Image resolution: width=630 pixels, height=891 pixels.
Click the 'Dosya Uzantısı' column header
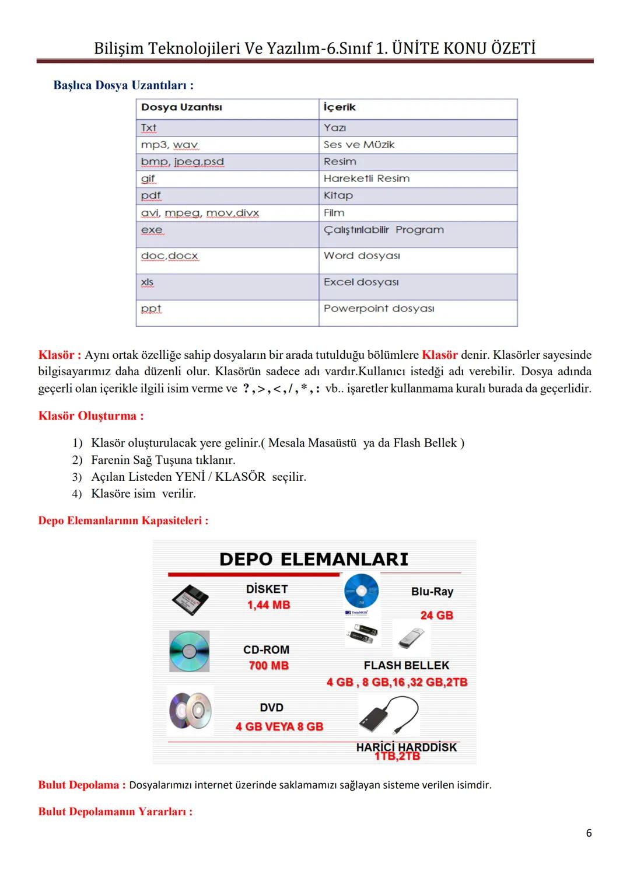(181, 107)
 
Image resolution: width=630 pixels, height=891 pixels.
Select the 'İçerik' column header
(339, 107)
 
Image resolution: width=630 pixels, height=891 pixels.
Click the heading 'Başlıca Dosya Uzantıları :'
(123, 85)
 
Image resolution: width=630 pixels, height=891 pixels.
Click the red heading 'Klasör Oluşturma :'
(90, 416)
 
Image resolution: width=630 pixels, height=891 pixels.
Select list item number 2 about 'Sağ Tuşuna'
(163, 460)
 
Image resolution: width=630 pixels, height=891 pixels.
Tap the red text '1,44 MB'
(268, 605)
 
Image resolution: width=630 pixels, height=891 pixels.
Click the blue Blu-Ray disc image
(361, 590)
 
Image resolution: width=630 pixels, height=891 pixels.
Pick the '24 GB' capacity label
(436, 615)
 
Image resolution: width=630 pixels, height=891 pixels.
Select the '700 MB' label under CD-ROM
(268, 666)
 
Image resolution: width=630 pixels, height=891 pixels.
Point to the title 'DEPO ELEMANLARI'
(314, 559)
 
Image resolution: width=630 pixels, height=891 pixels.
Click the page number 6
(589, 833)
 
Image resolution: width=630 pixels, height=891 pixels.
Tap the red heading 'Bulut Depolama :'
(82, 785)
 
